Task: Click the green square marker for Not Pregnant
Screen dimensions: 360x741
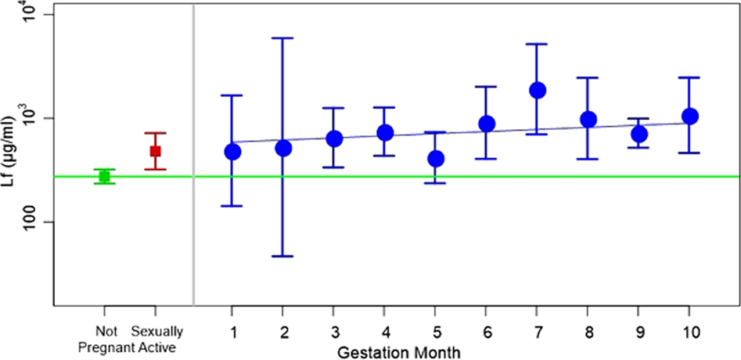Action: (x=103, y=176)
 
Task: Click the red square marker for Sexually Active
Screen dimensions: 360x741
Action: (x=155, y=151)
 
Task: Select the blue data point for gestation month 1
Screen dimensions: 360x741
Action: (x=232, y=151)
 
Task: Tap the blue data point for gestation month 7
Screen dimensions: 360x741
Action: (x=537, y=90)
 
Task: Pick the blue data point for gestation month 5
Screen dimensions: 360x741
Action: (x=436, y=158)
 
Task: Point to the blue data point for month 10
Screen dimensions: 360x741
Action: (x=689, y=116)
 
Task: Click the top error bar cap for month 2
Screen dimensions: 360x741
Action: (x=283, y=38)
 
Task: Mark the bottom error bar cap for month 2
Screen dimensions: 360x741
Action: (x=283, y=256)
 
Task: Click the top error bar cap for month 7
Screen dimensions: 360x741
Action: (x=537, y=44)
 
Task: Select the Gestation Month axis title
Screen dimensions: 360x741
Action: (x=398, y=351)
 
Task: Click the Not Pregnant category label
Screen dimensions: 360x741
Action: (x=104, y=337)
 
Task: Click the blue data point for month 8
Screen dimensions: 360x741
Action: (x=588, y=120)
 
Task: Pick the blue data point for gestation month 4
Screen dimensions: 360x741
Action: (x=385, y=132)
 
